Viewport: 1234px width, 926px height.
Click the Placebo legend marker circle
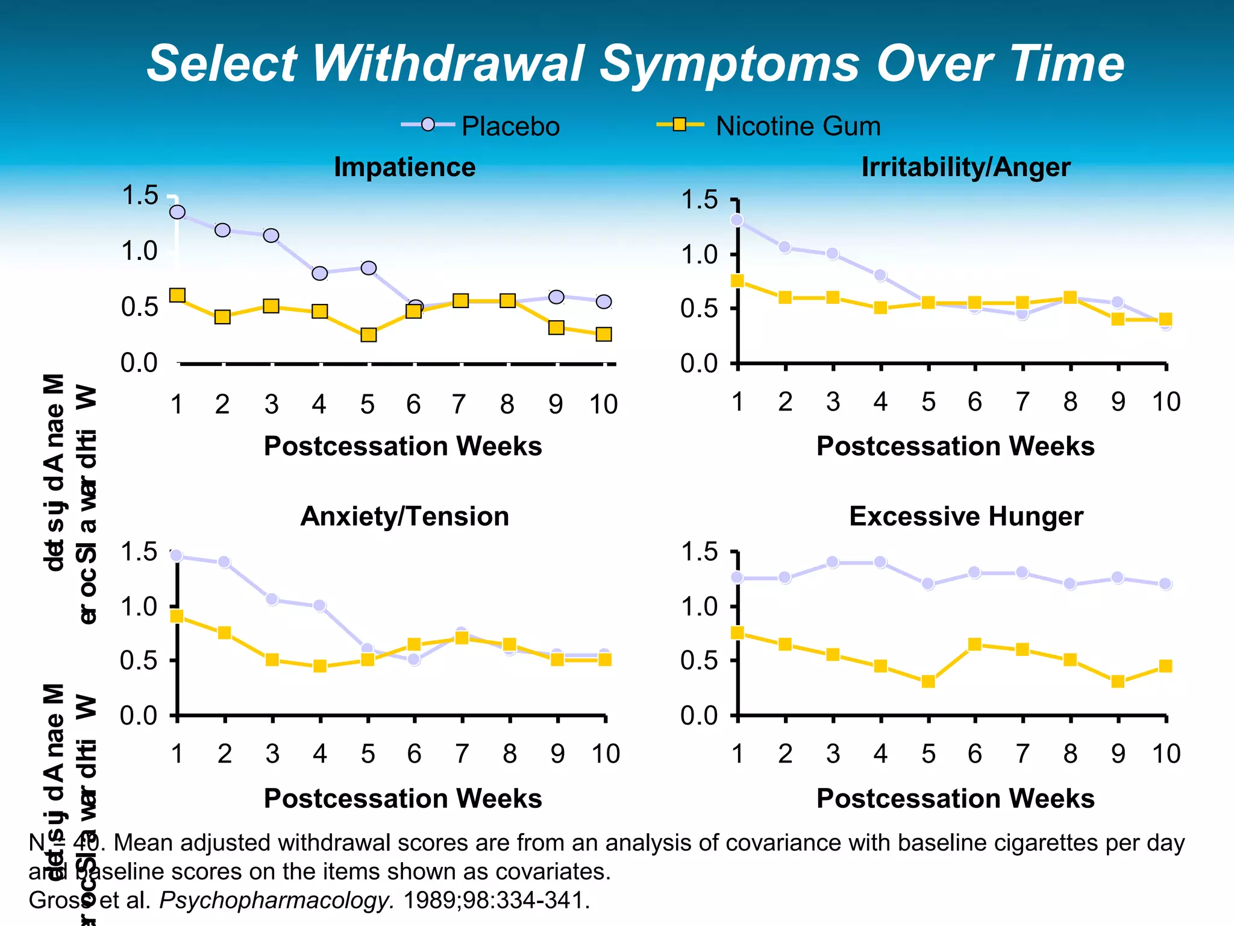[x=428, y=125]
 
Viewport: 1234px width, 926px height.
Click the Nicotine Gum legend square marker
[x=680, y=125]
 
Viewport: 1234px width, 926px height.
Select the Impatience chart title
[x=404, y=167]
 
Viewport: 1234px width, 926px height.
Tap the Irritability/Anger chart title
[x=965, y=167]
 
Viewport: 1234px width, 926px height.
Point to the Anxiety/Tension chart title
[x=404, y=517]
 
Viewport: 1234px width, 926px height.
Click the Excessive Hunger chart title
[x=965, y=517]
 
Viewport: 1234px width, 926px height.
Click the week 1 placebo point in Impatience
[x=177, y=212]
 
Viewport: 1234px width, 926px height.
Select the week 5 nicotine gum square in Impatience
[x=369, y=335]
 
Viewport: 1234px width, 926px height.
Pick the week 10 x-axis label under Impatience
[x=603, y=405]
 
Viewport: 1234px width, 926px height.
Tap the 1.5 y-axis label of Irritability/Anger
[x=699, y=200]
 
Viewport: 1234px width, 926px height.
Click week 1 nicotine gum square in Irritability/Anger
[x=737, y=281]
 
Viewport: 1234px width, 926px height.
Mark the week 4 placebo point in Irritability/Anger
[x=880, y=276]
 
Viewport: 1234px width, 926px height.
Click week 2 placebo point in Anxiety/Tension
[x=224, y=562]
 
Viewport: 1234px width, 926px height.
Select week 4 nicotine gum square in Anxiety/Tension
[x=320, y=666]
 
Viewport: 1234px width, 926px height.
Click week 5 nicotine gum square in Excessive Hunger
[x=929, y=682]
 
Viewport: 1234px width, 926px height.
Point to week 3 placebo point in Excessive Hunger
[x=833, y=562]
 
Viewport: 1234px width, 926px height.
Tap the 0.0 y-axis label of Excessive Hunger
[x=699, y=716]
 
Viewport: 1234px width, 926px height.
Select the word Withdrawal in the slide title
[x=449, y=63]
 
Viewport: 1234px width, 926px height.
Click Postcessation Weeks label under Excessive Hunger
[x=955, y=799]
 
